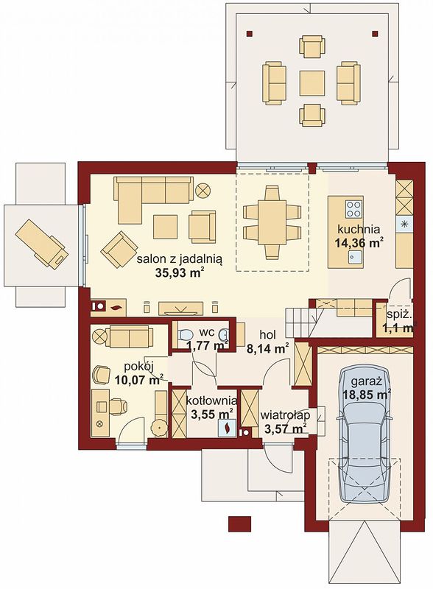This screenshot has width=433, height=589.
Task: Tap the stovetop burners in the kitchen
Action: (x=353, y=208)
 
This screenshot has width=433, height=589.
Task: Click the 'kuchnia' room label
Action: (x=358, y=229)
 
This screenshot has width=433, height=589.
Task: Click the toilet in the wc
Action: (x=185, y=334)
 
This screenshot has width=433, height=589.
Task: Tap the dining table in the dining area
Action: (x=272, y=222)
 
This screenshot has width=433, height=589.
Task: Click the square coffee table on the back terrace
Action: (x=312, y=83)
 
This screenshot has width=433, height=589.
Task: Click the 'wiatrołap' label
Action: (x=285, y=415)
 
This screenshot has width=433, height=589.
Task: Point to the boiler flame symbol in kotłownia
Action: (x=228, y=428)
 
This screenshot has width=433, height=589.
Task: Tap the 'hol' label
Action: (x=267, y=334)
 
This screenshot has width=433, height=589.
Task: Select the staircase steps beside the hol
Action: (x=300, y=322)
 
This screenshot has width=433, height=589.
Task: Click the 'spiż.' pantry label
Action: (x=394, y=315)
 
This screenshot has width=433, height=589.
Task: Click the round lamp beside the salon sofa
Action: (x=203, y=190)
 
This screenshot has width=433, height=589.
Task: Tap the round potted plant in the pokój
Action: (x=159, y=428)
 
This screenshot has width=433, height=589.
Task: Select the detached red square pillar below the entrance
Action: (x=239, y=523)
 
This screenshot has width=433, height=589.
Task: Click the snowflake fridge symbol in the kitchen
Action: (x=404, y=225)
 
